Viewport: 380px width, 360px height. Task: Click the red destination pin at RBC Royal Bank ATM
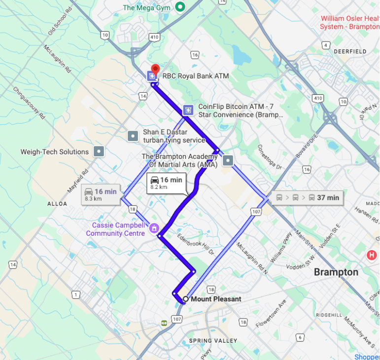pos(155,69)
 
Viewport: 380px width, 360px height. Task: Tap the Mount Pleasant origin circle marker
pos(185,299)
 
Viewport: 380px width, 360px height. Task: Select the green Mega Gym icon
pos(180,7)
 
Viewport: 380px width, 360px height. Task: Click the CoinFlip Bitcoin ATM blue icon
pos(187,110)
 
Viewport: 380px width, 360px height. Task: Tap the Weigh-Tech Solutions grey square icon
pos(99,151)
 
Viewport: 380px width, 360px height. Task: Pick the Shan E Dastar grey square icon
pos(133,136)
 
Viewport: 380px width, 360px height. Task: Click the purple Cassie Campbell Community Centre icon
pos(154,228)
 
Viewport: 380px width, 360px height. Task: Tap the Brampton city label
pos(336,272)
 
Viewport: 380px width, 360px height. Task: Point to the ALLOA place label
pos(57,203)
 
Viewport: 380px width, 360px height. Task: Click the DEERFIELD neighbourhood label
pos(350,51)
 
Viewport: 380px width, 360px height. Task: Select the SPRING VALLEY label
pos(213,341)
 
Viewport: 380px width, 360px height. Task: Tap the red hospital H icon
pos(372,255)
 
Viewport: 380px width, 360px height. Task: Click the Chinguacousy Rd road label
pos(29,104)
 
